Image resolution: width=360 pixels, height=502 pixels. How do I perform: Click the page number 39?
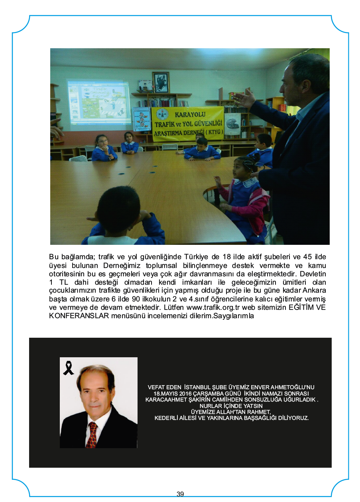point(180,494)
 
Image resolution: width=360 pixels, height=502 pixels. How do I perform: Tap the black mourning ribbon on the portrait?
point(68,368)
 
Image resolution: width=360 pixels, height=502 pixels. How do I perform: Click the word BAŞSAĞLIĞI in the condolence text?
point(259,418)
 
